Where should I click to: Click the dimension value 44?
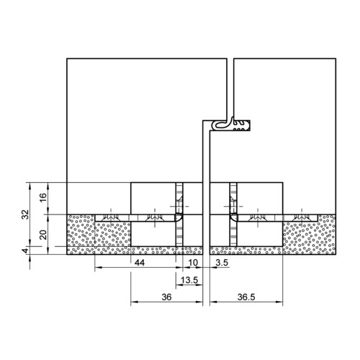[x=140, y=263]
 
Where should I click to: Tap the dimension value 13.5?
[x=189, y=280]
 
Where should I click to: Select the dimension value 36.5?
[x=246, y=297]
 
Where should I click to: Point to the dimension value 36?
[x=166, y=297]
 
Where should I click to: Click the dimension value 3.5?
[x=222, y=263]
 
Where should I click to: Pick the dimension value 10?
[x=193, y=263]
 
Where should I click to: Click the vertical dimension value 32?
[x=25, y=215]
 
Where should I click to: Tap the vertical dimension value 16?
[x=43, y=197]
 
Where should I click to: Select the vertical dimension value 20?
[x=43, y=235]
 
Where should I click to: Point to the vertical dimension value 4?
[x=25, y=251]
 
